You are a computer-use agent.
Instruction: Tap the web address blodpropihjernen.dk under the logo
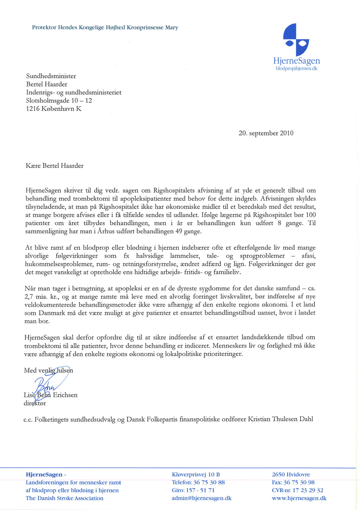tap(297, 69)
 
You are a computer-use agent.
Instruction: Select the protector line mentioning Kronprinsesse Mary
tap(105, 28)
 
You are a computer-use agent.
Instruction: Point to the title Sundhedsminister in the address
tap(51, 76)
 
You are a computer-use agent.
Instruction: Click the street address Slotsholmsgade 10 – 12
tap(59, 101)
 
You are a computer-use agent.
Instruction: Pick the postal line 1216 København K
tap(54, 109)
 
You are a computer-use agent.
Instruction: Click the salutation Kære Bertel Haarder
tap(54, 166)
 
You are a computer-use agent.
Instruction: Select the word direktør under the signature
tap(34, 403)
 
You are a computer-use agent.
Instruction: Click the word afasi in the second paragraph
tap(326, 255)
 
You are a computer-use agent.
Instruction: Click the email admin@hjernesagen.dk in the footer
tap(202, 498)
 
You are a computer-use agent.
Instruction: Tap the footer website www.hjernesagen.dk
tap(299, 498)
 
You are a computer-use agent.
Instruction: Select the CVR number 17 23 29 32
tap(307, 490)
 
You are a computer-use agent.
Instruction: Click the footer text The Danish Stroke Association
tap(65, 498)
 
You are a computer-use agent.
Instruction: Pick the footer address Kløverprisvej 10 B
tap(196, 474)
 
